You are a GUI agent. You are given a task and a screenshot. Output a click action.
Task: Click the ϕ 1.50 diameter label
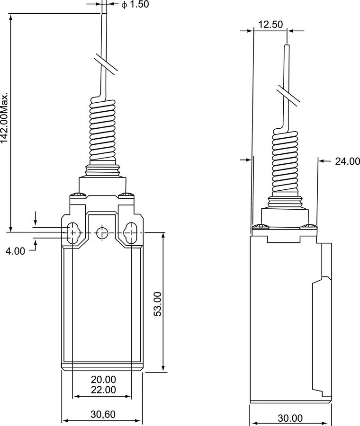[x=135, y=5]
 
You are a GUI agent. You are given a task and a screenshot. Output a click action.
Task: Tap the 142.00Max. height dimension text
[x=4, y=118]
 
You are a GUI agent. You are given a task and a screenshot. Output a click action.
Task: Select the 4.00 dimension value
[x=15, y=251]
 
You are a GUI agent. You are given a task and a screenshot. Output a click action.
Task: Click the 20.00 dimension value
[x=103, y=380]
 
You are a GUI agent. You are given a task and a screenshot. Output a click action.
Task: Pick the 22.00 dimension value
[x=103, y=390]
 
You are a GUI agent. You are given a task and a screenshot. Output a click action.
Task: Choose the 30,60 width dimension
[x=103, y=414]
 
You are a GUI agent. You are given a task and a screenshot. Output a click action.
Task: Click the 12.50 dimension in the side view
[x=270, y=25]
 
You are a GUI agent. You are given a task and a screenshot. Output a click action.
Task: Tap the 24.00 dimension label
[x=347, y=161]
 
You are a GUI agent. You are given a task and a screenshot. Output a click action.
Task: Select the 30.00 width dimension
[x=290, y=418]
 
